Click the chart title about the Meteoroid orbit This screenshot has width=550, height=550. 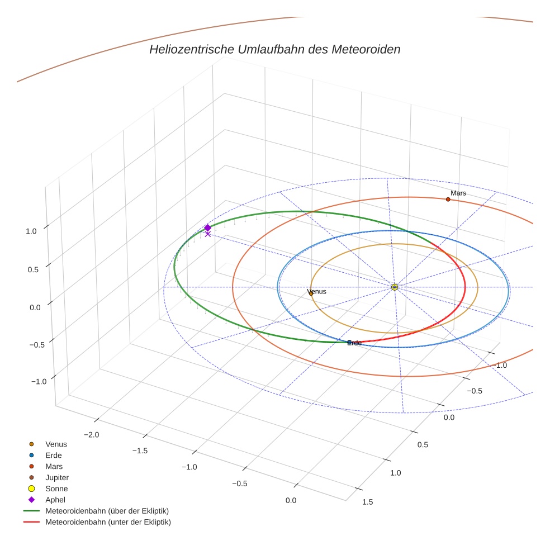click(x=274, y=49)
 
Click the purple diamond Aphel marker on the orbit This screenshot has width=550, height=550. click(x=207, y=227)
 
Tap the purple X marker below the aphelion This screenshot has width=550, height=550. click(x=208, y=234)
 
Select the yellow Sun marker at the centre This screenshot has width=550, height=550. click(x=395, y=287)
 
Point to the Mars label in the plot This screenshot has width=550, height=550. click(x=458, y=193)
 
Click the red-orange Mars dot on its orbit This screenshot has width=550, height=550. click(x=448, y=200)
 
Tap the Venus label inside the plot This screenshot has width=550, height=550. click(x=317, y=291)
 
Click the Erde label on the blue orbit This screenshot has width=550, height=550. click(x=355, y=343)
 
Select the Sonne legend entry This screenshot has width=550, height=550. click(x=56, y=489)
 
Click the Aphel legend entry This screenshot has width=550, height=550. click(x=55, y=500)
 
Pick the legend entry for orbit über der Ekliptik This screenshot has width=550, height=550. click(x=107, y=511)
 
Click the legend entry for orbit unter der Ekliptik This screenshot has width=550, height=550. click(x=108, y=522)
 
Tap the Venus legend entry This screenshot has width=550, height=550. click(x=56, y=444)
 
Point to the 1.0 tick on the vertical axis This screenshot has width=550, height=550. click(x=31, y=230)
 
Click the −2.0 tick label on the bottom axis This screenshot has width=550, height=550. click(x=91, y=435)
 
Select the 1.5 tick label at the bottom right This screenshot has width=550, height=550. click(x=368, y=502)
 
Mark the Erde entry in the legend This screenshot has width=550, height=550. click(x=54, y=455)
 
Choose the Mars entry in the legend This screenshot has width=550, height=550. click(x=54, y=466)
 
